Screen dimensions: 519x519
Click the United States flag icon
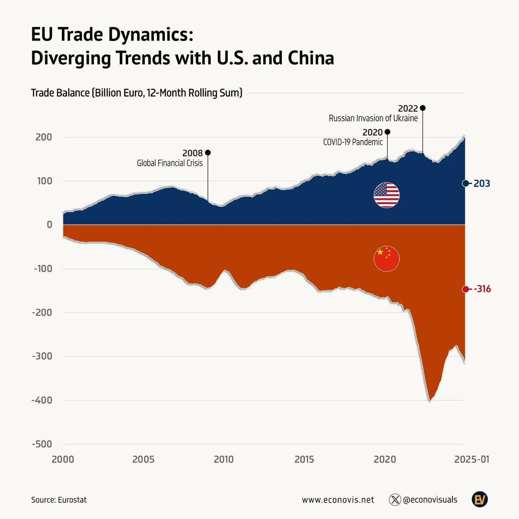[386, 195]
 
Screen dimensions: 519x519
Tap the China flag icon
[386, 259]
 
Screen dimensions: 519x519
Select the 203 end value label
[482, 184]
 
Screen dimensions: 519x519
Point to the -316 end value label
[483, 289]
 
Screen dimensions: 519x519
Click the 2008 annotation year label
[192, 153]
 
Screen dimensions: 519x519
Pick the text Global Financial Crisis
[169, 163]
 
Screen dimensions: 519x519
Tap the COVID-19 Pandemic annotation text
[353, 142]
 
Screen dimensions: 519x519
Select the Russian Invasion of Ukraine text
[373, 118]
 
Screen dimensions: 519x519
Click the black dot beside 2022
[422, 108]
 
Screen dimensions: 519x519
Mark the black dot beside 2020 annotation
[387, 132]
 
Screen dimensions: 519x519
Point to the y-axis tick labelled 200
[44, 137]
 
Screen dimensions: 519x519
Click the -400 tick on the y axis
[42, 400]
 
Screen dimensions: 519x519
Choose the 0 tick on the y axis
[49, 225]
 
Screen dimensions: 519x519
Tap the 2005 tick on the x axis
[143, 459]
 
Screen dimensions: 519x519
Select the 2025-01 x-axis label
[472, 459]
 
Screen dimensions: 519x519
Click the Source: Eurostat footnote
[59, 500]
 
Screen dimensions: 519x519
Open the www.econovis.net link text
[338, 500]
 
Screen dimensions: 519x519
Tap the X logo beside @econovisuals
[395, 500]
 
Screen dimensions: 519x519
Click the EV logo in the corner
[480, 500]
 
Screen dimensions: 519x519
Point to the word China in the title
[311, 58]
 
